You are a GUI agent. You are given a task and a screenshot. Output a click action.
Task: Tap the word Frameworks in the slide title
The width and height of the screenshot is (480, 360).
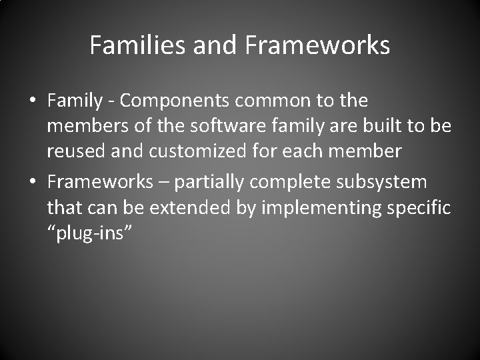(x=317, y=45)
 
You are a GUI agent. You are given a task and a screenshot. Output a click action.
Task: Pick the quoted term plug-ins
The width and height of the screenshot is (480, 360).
(x=86, y=233)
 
